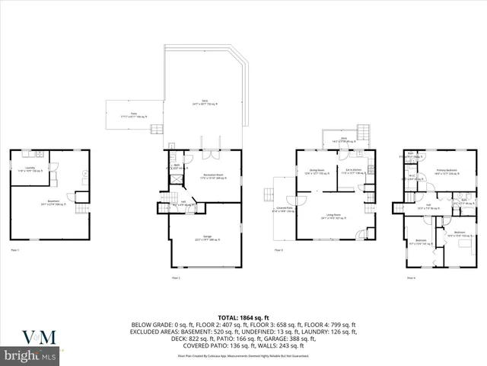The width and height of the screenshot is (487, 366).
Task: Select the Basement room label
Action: point(53,204)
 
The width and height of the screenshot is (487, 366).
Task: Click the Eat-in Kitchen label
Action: point(353,172)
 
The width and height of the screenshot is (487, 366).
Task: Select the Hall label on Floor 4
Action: point(428,205)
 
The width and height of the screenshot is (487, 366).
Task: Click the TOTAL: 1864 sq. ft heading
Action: point(243,316)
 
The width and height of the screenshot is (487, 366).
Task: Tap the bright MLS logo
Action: point(30,355)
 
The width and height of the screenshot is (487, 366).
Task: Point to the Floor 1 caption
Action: point(14,250)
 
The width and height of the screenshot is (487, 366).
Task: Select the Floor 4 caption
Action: point(411,278)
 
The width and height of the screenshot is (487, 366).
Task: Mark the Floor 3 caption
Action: point(279,250)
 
